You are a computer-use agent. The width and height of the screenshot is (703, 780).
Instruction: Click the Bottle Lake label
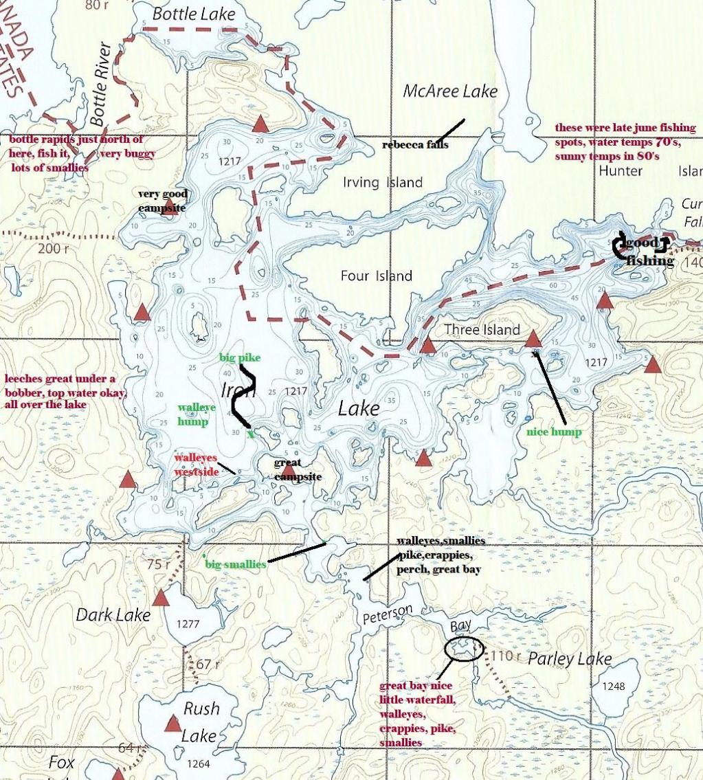click(193, 13)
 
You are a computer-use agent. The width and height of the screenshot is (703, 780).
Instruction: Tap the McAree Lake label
click(450, 91)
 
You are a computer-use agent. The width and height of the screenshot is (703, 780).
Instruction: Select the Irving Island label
click(383, 182)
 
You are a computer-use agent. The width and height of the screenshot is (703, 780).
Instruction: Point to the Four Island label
click(377, 276)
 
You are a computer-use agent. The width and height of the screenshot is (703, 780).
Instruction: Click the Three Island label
click(482, 330)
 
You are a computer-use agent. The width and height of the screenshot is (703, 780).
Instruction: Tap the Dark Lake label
click(113, 615)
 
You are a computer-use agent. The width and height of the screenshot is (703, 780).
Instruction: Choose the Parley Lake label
click(569, 659)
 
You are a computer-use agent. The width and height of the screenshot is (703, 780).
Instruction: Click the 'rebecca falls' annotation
click(415, 145)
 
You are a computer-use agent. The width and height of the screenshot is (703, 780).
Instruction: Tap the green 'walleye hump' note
click(192, 414)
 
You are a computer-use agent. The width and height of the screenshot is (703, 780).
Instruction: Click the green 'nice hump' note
click(554, 432)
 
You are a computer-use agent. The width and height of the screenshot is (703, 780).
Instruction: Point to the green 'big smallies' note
click(236, 565)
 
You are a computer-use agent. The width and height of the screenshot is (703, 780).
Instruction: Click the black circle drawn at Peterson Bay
click(464, 648)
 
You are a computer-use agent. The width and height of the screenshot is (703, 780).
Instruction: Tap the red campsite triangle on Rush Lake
click(172, 724)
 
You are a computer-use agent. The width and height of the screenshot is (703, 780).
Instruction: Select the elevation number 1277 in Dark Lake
click(188, 625)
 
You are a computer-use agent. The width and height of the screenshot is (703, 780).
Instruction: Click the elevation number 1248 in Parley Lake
click(613, 687)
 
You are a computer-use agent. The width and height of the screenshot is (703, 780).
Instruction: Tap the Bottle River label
click(100, 84)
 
